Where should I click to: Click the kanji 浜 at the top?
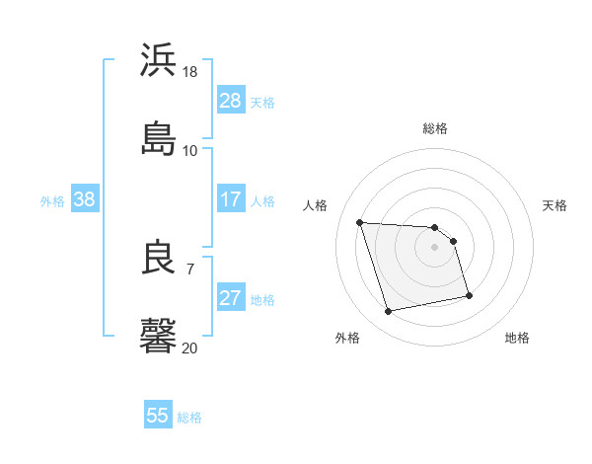tap(159, 60)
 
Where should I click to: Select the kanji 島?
tap(159, 137)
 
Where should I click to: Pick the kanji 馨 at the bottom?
tap(159, 335)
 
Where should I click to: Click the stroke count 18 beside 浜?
tap(190, 72)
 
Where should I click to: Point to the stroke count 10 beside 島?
tap(190, 150)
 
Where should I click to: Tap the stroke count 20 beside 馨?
tap(190, 347)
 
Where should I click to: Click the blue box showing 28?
tap(231, 101)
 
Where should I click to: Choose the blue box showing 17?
tap(231, 200)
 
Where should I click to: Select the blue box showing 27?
tap(231, 299)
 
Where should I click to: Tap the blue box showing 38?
tap(85, 200)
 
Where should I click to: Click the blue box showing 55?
tap(158, 416)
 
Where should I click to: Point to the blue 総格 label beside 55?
tap(190, 418)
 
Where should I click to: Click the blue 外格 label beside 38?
tap(52, 201)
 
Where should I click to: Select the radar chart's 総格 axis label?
tap(435, 128)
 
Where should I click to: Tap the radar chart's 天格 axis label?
tap(555, 205)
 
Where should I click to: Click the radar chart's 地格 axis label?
tap(517, 338)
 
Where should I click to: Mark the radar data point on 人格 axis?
tap(360, 222)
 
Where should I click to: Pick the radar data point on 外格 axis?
tap(389, 312)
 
